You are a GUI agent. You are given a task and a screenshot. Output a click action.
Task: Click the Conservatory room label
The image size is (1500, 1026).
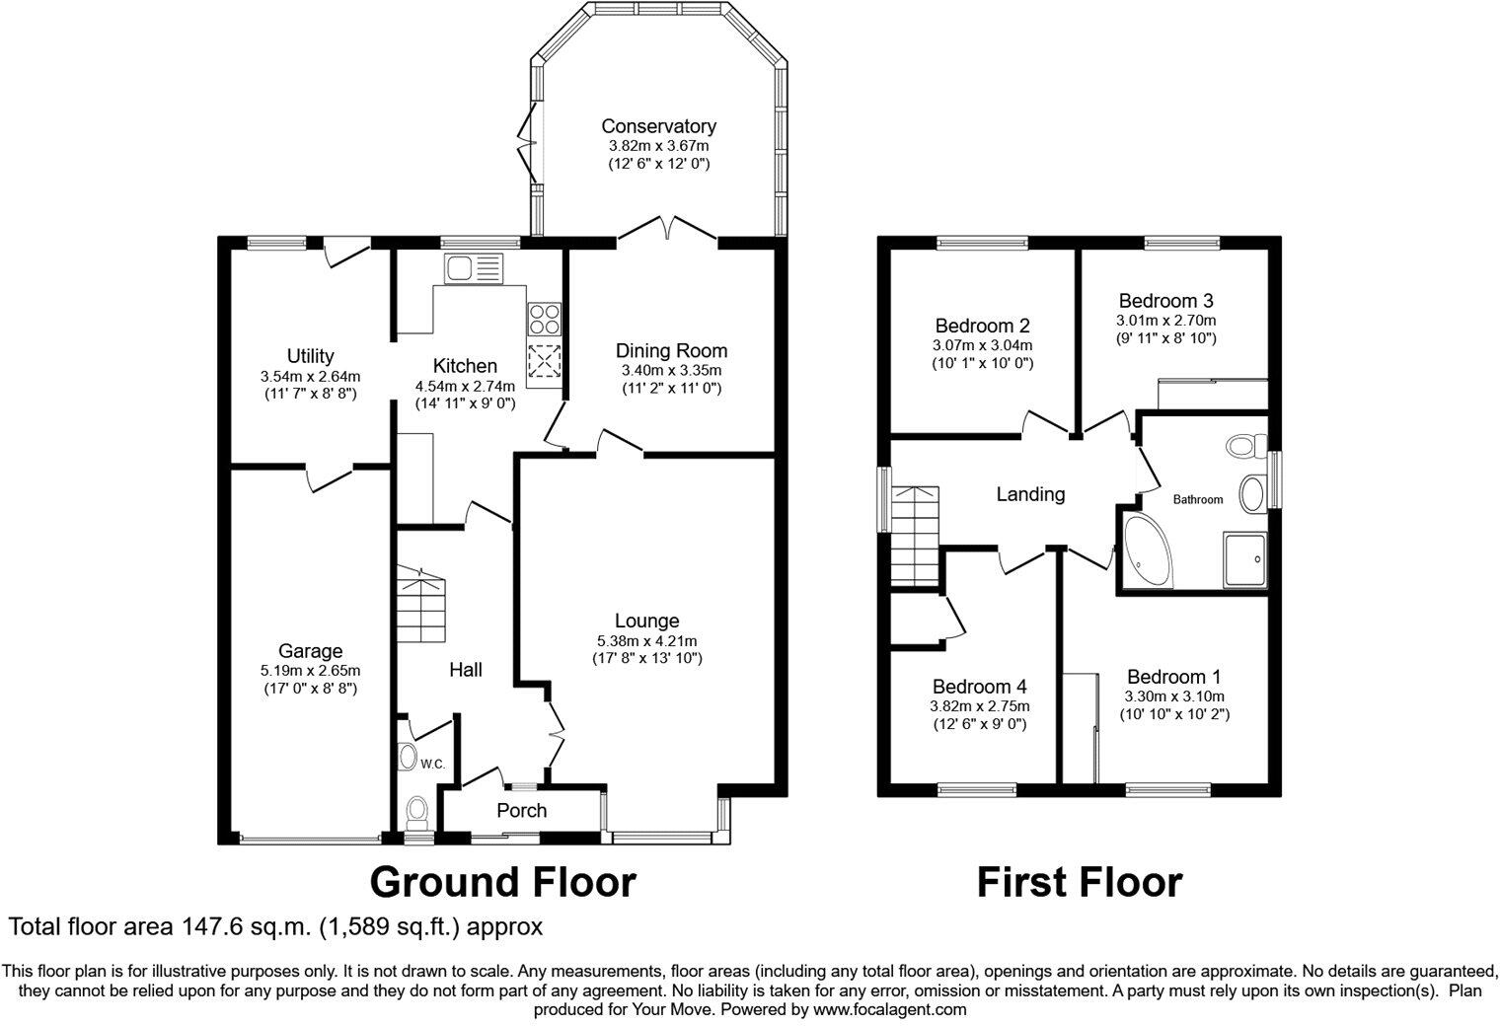coord(658,126)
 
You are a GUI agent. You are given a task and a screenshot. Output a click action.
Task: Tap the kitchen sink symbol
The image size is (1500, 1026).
coord(474,268)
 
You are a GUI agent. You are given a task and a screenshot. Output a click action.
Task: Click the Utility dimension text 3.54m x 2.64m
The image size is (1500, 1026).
coord(310,376)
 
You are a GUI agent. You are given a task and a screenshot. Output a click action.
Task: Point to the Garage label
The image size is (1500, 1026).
coord(310,650)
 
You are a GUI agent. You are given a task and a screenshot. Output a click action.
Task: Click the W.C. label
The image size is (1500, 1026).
coord(433,764)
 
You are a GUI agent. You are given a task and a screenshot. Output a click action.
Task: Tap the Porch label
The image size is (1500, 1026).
coord(521,811)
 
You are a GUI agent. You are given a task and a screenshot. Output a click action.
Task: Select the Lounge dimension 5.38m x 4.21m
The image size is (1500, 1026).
coord(646,639)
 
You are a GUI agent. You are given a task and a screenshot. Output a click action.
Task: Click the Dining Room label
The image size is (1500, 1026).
coord(671,350)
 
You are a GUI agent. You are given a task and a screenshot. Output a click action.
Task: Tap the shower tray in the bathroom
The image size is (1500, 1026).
coord(1244,559)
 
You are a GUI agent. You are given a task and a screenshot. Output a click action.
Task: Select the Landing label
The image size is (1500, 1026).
coord(1030,494)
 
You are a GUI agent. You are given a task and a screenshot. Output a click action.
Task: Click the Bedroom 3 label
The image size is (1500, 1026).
coord(1165,301)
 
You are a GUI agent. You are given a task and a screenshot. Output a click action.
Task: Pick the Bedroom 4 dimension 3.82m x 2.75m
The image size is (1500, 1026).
coord(980,705)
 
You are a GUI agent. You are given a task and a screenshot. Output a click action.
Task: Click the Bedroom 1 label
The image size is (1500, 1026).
coord(1173,677)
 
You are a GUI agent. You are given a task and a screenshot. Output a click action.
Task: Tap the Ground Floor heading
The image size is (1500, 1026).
coord(503,881)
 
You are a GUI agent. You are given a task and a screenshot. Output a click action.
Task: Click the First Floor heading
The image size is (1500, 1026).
coord(1079,882)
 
